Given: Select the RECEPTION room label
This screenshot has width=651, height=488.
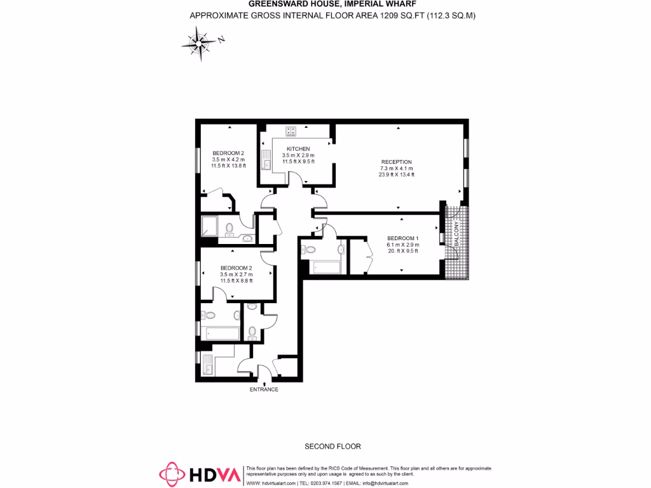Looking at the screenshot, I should [x=397, y=162].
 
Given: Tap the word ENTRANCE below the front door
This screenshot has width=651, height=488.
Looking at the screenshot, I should [x=264, y=389].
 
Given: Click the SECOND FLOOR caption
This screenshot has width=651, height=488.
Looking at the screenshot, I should [x=332, y=446].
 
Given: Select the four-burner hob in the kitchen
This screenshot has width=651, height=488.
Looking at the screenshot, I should [x=291, y=132].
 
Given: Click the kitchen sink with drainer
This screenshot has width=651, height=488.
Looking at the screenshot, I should [x=267, y=159].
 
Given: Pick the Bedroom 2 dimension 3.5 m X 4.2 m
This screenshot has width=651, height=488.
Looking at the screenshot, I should [x=228, y=159].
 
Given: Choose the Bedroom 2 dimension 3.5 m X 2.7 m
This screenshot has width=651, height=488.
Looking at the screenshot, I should [x=236, y=274].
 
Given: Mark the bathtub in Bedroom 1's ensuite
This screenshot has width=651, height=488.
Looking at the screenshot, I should [x=325, y=267].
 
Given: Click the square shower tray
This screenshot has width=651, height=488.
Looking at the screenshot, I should [x=210, y=226].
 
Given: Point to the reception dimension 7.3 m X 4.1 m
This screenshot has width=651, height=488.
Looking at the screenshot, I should [x=397, y=168].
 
